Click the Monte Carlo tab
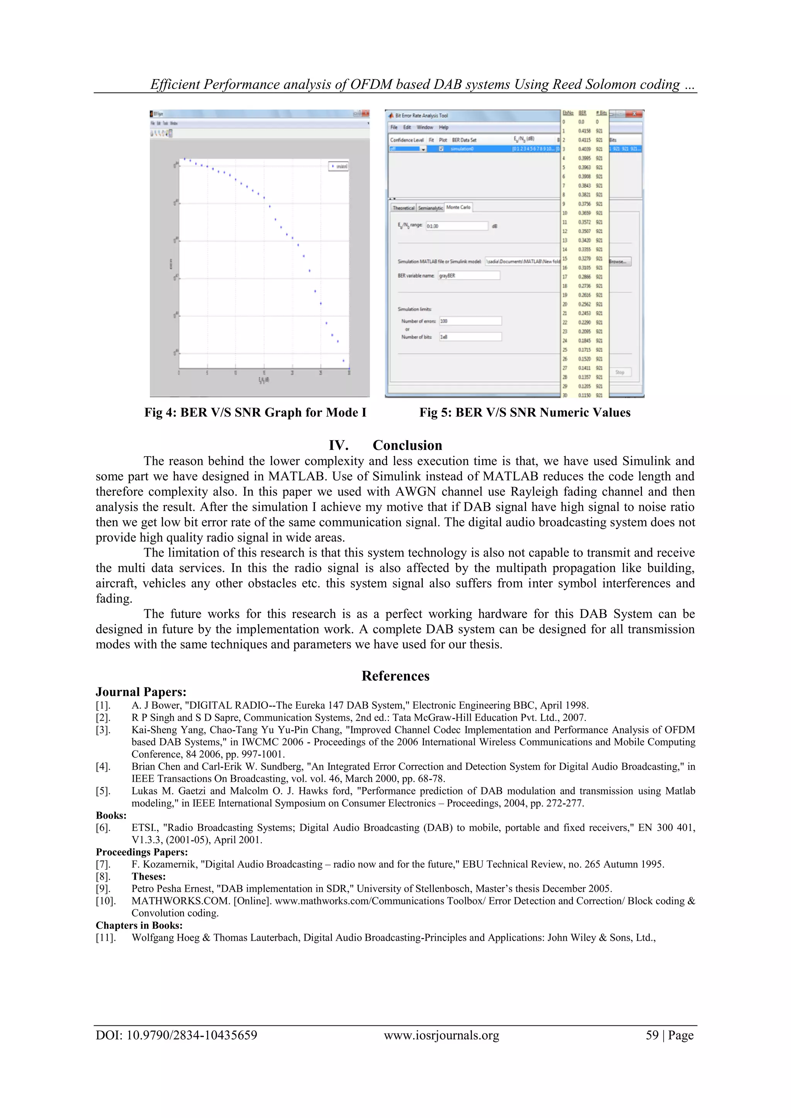(458, 207)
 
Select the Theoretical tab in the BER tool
(403, 208)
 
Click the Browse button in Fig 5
(620, 261)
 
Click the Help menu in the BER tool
(444, 127)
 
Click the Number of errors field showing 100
(470, 321)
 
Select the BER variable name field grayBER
(468, 276)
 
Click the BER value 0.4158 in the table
(584, 131)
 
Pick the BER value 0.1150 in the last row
(584, 395)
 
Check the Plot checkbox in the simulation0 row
(442, 149)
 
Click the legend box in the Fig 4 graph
(338, 166)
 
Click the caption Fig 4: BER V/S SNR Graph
(255, 412)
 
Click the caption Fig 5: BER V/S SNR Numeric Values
(525, 412)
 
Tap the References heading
(395, 676)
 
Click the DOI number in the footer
(177, 1036)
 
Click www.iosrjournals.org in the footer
(441, 1036)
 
